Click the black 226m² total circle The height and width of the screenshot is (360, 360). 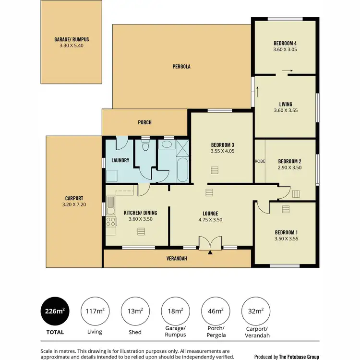pos(53,312)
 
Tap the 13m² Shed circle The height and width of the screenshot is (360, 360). pos(134,312)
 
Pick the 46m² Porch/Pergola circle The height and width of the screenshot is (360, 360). pos(215,312)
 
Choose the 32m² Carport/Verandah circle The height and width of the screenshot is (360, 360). pos(255,312)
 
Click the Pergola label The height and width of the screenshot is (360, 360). pos(181,66)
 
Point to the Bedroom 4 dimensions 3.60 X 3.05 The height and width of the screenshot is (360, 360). pos(285,48)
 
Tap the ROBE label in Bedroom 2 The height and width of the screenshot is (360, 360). pos(259,161)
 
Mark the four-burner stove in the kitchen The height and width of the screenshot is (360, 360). pos(111,222)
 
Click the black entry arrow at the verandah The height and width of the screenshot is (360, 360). pos(210,252)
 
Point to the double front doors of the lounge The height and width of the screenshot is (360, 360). pos(210,243)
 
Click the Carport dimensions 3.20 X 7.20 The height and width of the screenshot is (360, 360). pos(74,204)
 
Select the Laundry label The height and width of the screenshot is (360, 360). pos(120,160)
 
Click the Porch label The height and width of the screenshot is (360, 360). pos(144,122)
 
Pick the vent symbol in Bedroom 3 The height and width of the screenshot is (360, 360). pos(214,170)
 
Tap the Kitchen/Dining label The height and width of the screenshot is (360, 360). pos(140,213)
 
